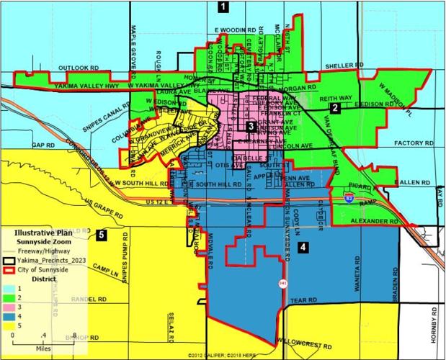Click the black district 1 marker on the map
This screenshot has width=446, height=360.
[x=223, y=8]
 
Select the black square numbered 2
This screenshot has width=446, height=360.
[x=335, y=108]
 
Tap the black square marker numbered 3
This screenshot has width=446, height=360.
[x=250, y=127]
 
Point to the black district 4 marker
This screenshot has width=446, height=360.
[x=303, y=247]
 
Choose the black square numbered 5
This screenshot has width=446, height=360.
[x=102, y=234]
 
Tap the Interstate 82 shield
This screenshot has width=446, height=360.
[x=349, y=195]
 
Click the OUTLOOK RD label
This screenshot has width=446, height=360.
[x=78, y=68]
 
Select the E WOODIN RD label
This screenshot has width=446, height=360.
[x=236, y=30]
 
